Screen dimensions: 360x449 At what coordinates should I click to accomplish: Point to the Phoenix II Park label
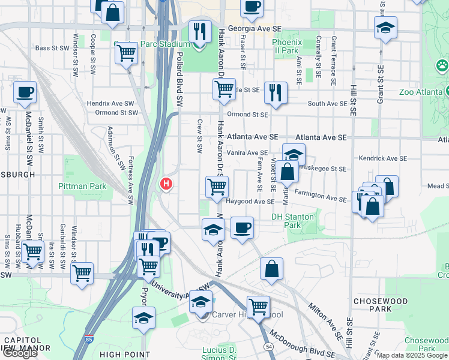pos(285,46)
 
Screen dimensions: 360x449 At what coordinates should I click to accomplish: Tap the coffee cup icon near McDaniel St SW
pos(25,93)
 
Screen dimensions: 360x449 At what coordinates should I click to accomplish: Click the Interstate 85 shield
pos(89,339)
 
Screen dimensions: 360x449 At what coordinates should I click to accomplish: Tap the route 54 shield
pos(268,347)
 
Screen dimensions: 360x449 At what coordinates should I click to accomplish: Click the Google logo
pos(20,353)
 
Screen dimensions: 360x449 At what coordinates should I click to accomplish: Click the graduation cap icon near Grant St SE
pos(385,27)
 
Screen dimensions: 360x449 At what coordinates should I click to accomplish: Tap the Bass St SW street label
pos(49,48)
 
